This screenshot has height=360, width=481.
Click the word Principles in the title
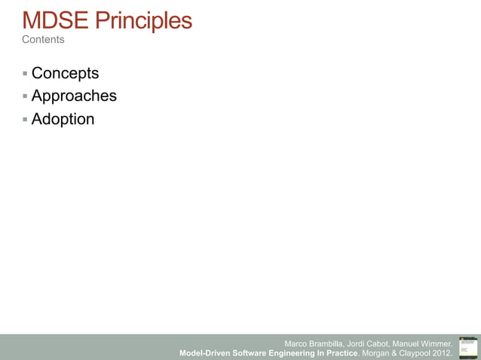click(143, 20)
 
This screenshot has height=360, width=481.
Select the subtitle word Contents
click(43, 39)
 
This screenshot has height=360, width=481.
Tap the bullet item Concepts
click(65, 74)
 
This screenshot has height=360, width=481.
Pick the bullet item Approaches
click(74, 96)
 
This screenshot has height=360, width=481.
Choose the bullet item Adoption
click(63, 119)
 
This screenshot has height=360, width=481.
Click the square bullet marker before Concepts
click(25, 74)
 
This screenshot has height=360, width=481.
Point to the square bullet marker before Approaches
click(25, 96)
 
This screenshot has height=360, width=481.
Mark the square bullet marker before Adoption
click(25, 119)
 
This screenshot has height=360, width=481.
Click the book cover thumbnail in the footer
click(467, 347)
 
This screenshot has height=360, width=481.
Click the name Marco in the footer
click(298, 343)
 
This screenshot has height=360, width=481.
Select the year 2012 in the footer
click(440, 352)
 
